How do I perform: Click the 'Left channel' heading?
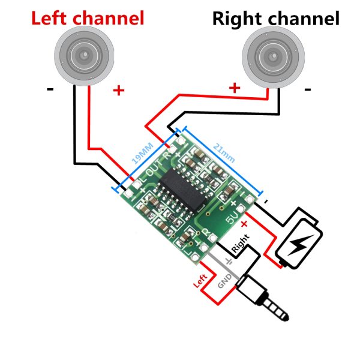88,18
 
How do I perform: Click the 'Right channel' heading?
276,19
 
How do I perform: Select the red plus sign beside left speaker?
119,91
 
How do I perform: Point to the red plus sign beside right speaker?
234,88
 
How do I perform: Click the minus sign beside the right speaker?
308,90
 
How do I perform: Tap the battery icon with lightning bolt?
298,239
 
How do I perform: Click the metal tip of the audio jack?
282,312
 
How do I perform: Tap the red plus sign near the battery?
245,223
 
